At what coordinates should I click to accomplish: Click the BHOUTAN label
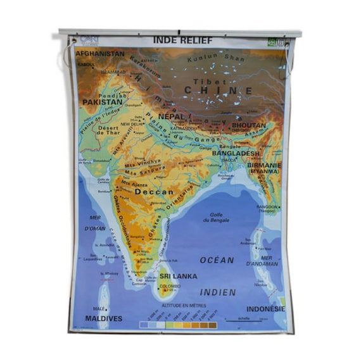pyautogui.click(x=249, y=126)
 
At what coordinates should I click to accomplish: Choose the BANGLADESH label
pyautogui.click(x=236, y=153)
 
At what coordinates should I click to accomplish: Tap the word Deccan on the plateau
pyautogui.click(x=155, y=191)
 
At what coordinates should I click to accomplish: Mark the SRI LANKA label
pyautogui.click(x=178, y=276)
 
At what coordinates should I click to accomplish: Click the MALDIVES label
pyautogui.click(x=103, y=318)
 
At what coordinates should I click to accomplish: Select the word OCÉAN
pyautogui.click(x=217, y=260)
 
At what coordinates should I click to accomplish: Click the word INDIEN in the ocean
pyautogui.click(x=218, y=292)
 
